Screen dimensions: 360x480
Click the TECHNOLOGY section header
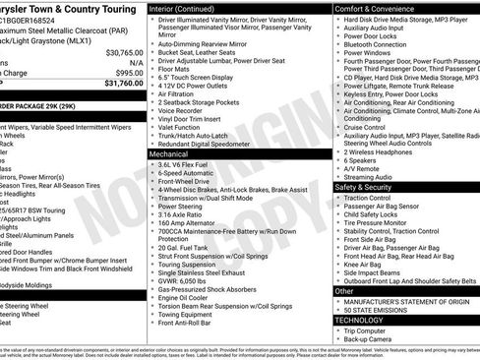(361, 320)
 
